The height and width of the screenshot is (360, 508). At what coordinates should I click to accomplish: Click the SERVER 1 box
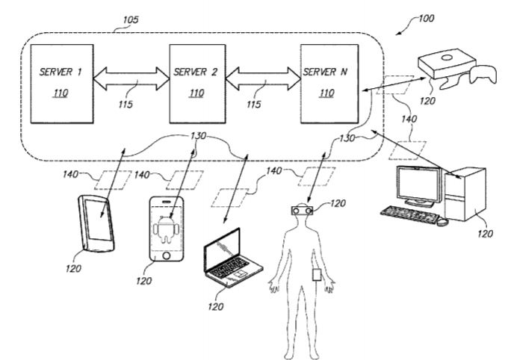tap(61, 84)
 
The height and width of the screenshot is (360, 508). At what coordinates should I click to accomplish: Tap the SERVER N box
tap(329, 84)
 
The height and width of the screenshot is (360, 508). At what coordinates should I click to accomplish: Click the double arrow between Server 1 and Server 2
tap(131, 78)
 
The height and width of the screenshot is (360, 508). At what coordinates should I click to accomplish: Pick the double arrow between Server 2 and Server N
tap(263, 78)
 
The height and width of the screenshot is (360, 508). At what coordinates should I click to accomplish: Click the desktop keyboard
tap(406, 211)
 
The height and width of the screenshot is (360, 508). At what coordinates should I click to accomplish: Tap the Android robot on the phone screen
tap(166, 226)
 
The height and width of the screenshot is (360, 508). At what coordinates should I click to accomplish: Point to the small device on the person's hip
tap(316, 274)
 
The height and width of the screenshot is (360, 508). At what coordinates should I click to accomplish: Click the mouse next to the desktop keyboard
tap(442, 221)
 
